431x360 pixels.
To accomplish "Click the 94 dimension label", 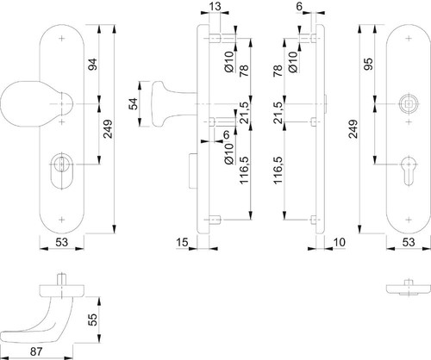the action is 92,65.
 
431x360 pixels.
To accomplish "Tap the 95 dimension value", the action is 368,64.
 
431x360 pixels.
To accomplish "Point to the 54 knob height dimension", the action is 133,104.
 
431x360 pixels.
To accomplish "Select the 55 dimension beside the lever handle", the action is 92,320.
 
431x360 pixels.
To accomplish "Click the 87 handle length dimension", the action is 36,351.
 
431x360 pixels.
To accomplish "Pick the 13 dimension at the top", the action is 215,6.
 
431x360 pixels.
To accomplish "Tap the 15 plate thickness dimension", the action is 182,242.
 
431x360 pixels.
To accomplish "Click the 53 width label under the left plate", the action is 61,242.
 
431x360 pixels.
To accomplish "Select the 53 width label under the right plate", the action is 409,242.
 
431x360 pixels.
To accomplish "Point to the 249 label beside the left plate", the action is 109,128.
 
